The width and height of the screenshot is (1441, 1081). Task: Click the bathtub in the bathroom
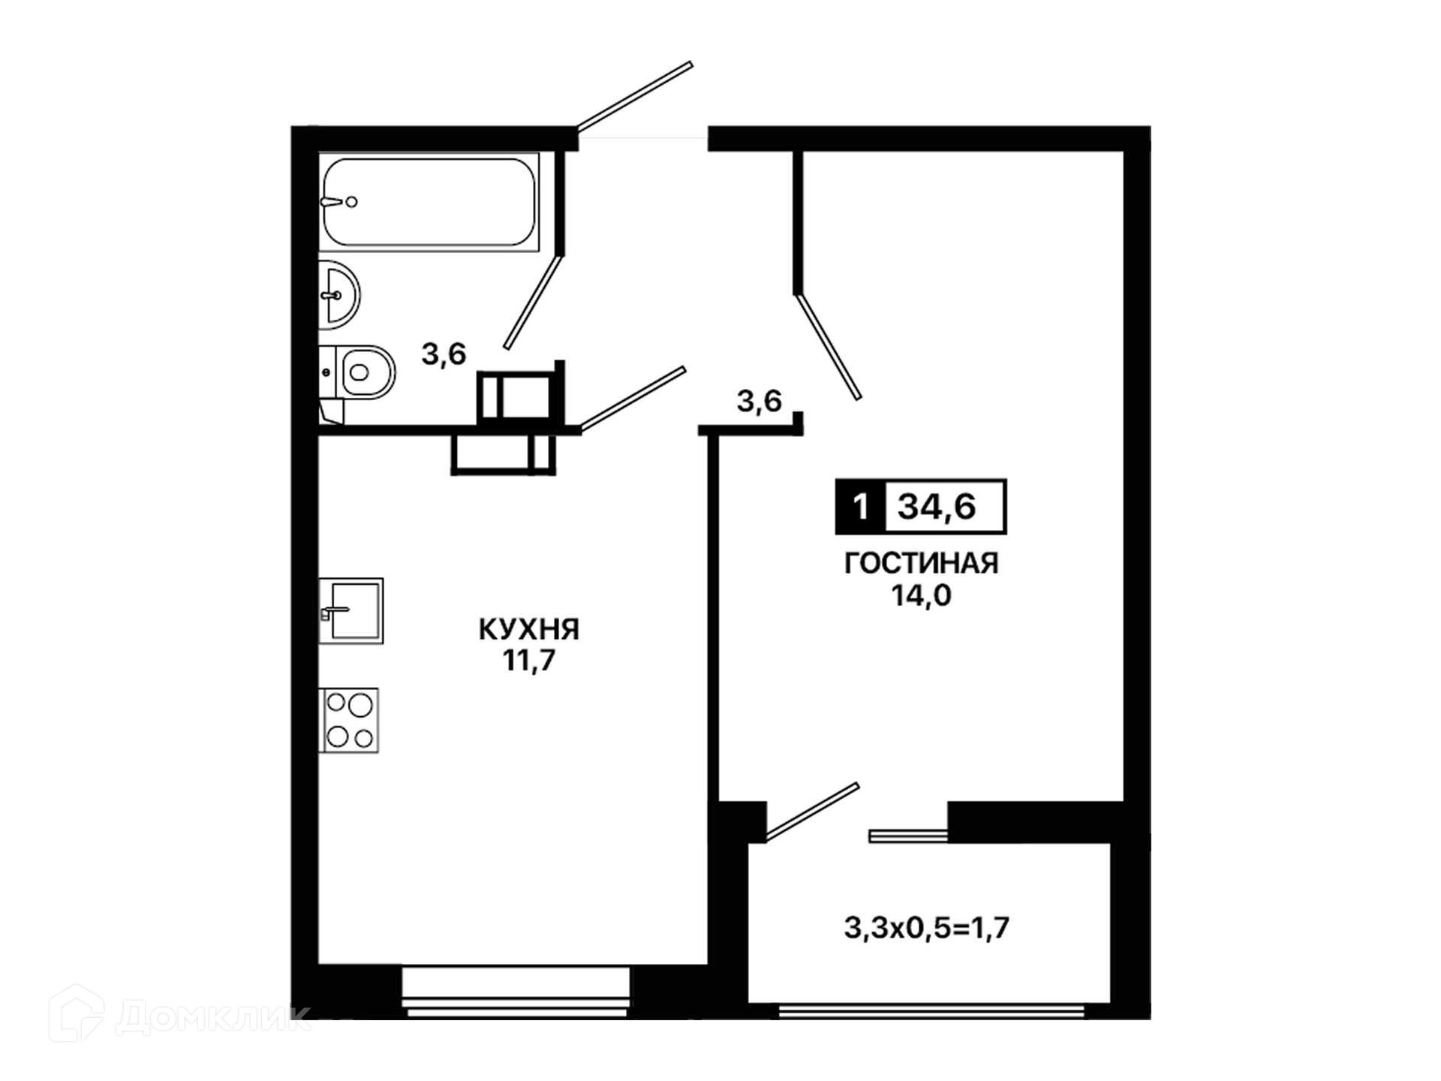tap(429, 202)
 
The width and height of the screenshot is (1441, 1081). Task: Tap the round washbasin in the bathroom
tap(339, 295)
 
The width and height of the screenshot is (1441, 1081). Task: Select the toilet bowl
tap(358, 372)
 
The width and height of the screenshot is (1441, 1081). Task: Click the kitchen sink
tap(351, 610)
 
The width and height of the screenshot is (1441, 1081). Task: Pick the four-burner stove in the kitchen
tap(349, 720)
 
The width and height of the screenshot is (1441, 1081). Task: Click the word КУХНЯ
tap(529, 629)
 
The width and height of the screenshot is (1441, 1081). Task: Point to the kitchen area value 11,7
tap(529, 661)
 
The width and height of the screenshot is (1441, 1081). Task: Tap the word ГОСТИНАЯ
tap(921, 563)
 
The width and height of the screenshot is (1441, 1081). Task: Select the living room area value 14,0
tap(921, 595)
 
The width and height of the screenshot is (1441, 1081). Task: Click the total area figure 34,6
tap(937, 507)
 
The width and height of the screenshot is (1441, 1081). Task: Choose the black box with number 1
tap(860, 507)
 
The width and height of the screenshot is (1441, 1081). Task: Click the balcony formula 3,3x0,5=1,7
tap(927, 929)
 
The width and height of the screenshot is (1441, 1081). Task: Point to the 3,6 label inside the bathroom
tap(444, 354)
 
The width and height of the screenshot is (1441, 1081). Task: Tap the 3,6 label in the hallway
tap(759, 401)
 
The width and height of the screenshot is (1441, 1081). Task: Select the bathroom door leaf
tap(533, 302)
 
